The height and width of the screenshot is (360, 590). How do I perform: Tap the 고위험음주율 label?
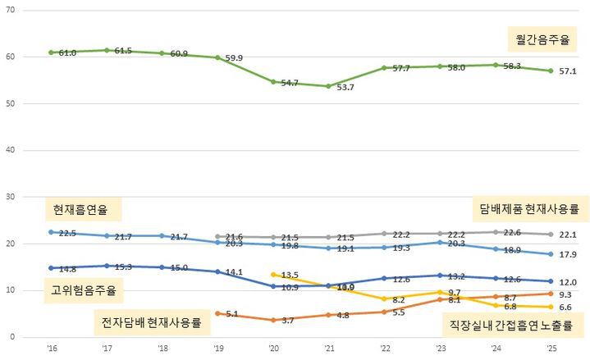(83, 289)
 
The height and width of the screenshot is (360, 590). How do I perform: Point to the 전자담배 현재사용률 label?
(151, 319)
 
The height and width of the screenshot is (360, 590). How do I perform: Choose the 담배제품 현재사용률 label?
(530, 209)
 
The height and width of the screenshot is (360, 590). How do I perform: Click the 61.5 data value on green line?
(123, 51)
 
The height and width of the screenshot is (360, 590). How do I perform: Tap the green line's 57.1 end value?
(568, 71)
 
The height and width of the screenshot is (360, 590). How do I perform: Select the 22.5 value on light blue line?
(67, 233)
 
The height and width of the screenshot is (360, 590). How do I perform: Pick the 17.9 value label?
(568, 254)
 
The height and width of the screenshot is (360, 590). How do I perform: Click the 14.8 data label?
(67, 268)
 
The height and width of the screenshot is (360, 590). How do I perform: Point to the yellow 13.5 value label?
(290, 276)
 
